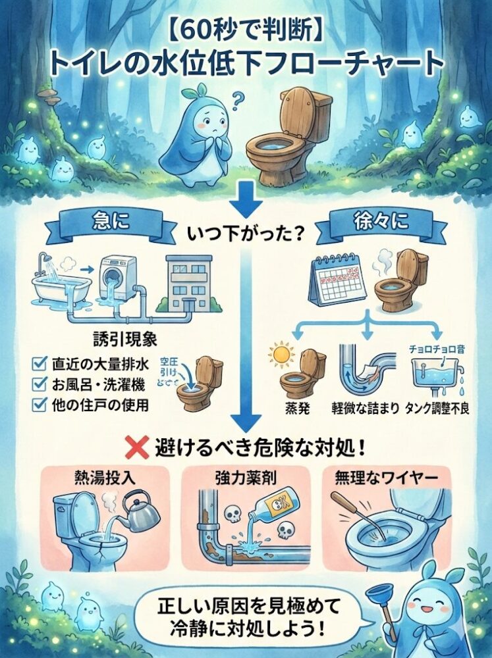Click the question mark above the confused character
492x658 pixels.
[x=238, y=100]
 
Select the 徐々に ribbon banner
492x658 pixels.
[x=372, y=221]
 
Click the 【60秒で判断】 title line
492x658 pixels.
[x=245, y=34]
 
